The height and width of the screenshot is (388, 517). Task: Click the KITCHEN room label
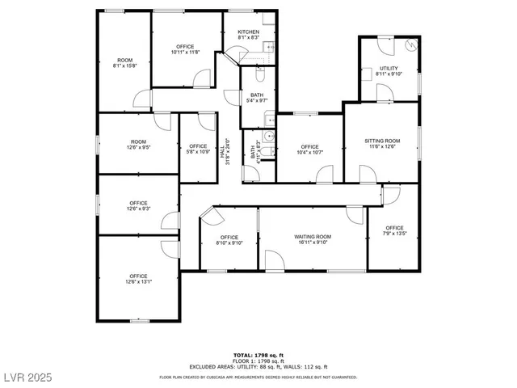point(248,32)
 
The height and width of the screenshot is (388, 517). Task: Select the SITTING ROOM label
point(382,141)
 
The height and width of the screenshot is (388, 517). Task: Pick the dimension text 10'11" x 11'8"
point(185,53)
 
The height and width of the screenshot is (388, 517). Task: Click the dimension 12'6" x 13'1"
point(138,281)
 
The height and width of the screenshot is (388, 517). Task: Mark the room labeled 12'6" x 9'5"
point(138,147)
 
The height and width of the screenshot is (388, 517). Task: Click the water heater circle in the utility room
point(413,46)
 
